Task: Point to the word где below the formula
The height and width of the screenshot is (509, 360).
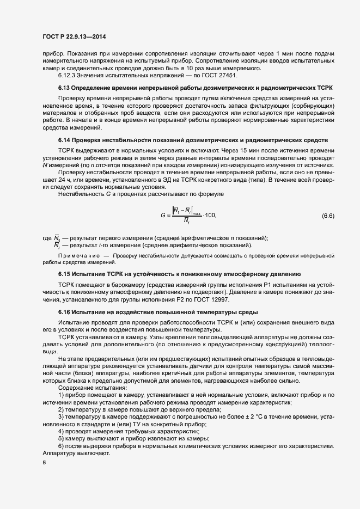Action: [46, 238]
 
